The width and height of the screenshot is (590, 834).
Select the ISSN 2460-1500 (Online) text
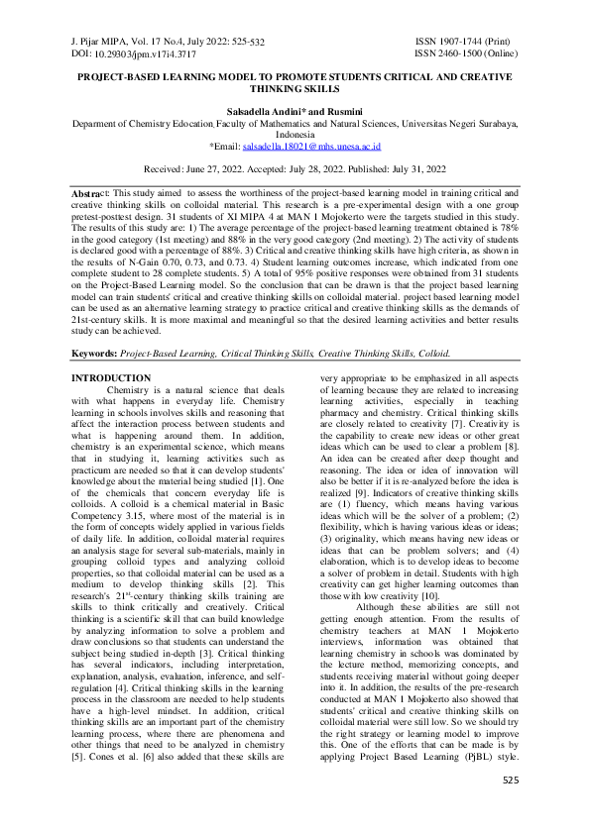point(465,52)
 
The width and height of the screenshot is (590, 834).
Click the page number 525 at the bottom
point(511,808)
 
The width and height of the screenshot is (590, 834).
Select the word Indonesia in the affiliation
point(295,132)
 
